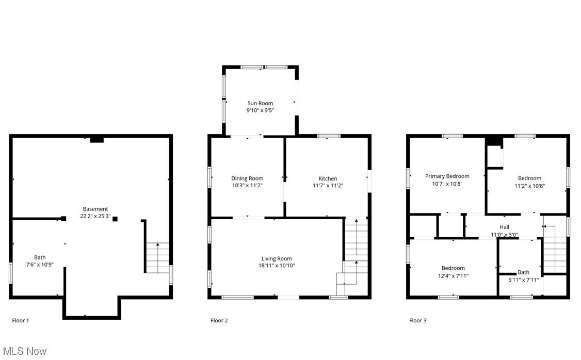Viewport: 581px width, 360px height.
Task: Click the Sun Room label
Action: tap(260, 103)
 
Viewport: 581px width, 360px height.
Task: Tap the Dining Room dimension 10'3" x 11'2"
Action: tap(247, 186)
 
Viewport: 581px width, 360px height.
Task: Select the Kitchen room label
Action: tap(328, 178)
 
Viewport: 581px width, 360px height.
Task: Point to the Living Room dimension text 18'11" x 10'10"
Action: tap(277, 266)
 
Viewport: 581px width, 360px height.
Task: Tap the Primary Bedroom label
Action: tap(447, 176)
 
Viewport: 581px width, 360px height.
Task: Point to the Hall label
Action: tap(504, 227)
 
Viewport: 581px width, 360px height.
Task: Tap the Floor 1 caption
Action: tap(21, 320)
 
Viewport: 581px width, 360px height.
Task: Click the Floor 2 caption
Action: tap(219, 320)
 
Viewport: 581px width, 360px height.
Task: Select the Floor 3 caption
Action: tap(418, 320)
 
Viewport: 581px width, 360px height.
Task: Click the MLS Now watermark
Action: tap(24, 351)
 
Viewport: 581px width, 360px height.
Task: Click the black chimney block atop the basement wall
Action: tap(96, 139)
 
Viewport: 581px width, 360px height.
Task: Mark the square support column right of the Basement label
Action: tap(115, 219)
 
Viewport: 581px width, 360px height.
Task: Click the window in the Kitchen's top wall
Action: tap(329, 136)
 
